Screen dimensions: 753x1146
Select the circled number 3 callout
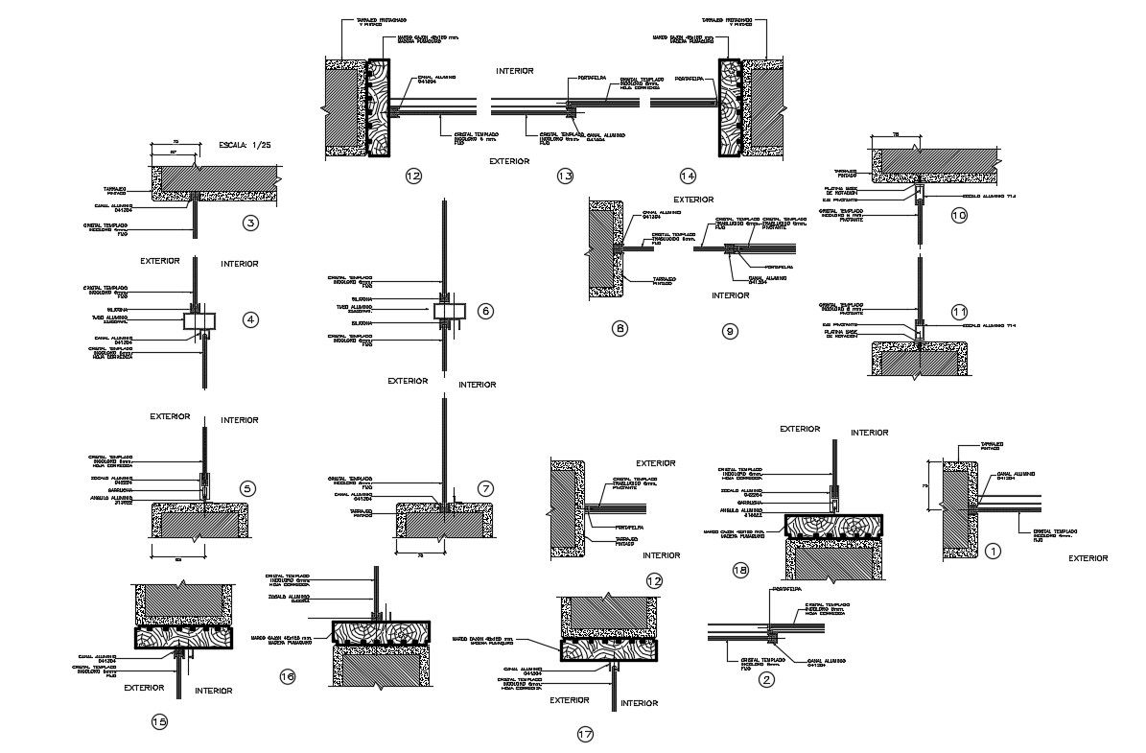(250, 224)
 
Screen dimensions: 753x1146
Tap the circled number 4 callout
(250, 319)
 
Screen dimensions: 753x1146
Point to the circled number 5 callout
(247, 489)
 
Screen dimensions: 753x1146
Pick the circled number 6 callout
(485, 311)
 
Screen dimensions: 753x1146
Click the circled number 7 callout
(486, 489)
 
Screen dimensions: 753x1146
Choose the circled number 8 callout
(620, 329)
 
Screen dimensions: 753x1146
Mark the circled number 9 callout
(730, 332)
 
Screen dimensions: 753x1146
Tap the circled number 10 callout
(959, 216)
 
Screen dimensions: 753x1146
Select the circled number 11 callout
(959, 311)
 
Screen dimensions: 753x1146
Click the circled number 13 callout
(565, 176)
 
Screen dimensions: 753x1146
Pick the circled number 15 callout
(159, 721)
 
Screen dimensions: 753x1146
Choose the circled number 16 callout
(287, 677)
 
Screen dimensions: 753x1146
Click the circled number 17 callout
(585, 735)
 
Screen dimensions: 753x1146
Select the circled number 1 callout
(994, 551)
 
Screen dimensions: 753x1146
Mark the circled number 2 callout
(765, 680)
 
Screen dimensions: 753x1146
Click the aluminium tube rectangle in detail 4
(199, 320)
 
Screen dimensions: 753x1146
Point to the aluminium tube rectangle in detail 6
(448, 312)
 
